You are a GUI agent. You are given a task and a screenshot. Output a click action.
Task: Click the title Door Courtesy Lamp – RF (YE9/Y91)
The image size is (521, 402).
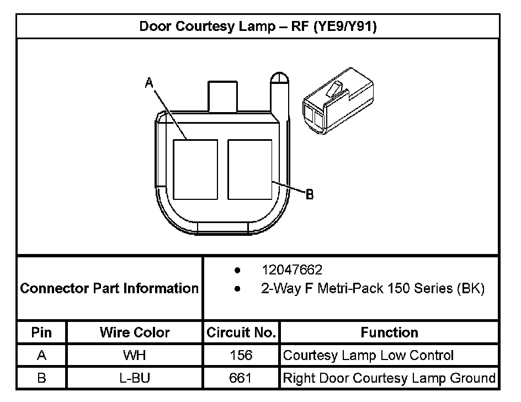258,27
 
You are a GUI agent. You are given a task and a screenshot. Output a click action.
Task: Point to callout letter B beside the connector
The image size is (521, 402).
310,194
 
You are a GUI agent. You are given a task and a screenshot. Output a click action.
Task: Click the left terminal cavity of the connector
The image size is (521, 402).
195,169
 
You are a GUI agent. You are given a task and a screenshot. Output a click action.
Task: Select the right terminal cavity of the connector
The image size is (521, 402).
249,169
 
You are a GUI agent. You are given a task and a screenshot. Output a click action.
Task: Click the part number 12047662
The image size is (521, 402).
292,271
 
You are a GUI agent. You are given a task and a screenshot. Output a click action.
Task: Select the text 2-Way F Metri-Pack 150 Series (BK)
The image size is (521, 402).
373,288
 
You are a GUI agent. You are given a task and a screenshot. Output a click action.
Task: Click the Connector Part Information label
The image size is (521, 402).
109,288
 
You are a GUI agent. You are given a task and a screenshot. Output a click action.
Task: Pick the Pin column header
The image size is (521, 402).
42,332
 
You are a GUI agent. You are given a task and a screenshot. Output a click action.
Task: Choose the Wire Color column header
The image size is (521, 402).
135,332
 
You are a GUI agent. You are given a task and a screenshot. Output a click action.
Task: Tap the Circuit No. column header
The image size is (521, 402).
241,332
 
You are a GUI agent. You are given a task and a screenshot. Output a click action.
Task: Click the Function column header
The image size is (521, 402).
389,332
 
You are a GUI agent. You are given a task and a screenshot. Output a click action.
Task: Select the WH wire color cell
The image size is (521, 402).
135,356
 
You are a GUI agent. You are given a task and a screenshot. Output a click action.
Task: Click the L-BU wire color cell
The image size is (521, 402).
135,378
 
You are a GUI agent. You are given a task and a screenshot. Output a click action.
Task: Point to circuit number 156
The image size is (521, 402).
241,356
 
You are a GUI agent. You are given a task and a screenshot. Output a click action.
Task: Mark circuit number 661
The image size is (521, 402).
241,378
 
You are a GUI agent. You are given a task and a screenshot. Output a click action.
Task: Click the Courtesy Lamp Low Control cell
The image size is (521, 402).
368,356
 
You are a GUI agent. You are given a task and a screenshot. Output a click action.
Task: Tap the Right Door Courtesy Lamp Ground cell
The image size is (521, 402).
389,378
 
